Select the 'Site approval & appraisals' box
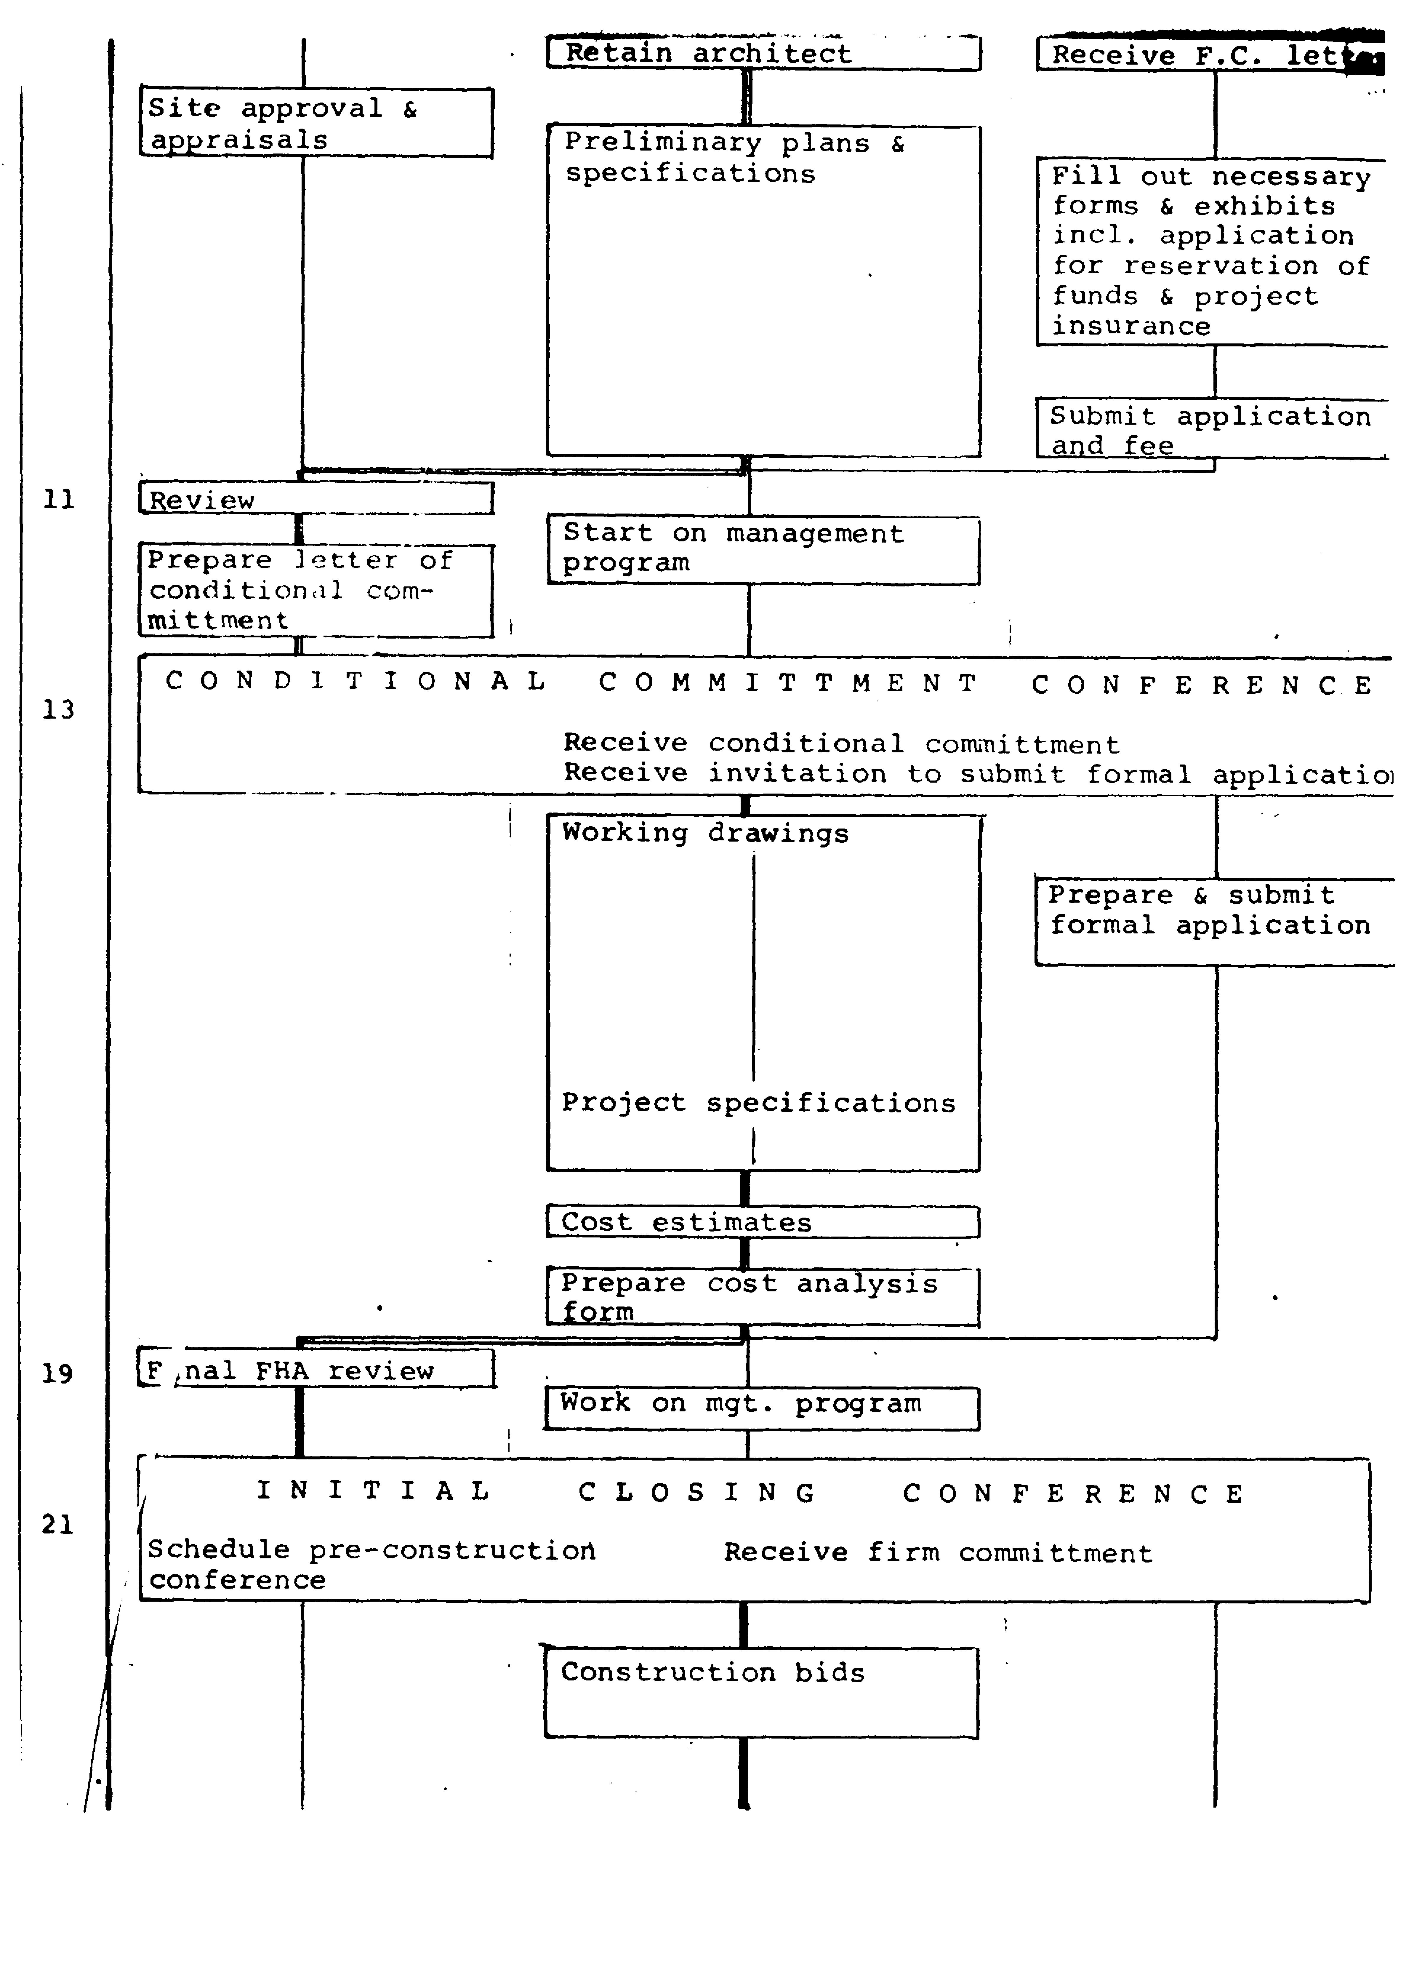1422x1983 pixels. (x=316, y=122)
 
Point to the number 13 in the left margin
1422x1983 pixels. (x=59, y=709)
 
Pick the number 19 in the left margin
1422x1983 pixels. (x=58, y=1373)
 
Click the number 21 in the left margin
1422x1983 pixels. (x=58, y=1525)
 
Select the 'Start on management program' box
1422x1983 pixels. (x=763, y=549)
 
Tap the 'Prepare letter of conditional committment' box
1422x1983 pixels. (x=316, y=590)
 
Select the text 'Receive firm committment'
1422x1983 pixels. (x=938, y=1554)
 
